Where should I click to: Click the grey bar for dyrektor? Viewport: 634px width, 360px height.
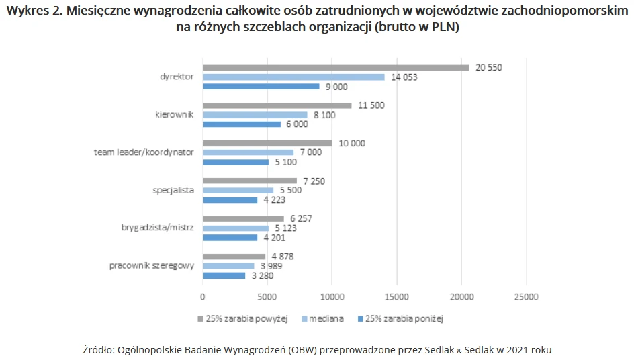point(336,67)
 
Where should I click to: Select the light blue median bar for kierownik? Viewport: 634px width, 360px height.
point(255,115)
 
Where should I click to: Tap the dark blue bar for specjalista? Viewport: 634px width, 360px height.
point(230,199)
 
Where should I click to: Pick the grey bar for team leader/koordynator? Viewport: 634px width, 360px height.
point(267,143)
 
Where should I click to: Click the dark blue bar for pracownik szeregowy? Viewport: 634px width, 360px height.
point(224,275)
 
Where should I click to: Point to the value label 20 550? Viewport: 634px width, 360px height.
point(488,67)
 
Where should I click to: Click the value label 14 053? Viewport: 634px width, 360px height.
point(404,77)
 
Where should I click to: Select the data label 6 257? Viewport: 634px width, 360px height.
point(302,219)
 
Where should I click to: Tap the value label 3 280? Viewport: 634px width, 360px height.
point(263,275)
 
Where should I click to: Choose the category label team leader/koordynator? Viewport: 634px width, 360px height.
point(144,152)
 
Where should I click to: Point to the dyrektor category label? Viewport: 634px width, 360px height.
point(177,77)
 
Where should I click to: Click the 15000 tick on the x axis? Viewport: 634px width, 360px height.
point(396,296)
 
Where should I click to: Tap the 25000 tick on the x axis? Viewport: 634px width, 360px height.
point(526,296)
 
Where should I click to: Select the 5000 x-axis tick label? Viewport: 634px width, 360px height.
point(267,296)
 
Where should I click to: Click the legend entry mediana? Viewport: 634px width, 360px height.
point(327,318)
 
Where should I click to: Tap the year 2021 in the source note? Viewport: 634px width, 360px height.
point(516,349)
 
